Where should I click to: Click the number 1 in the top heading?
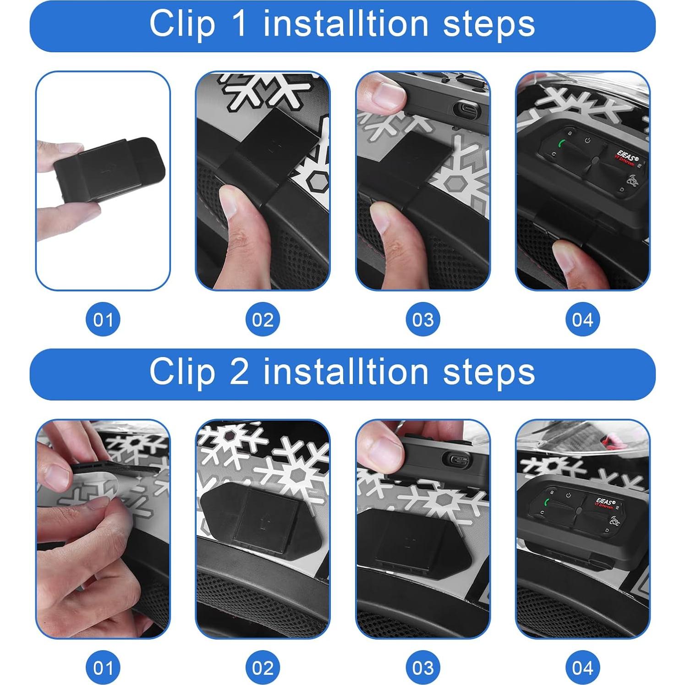pyautogui.click(x=240, y=25)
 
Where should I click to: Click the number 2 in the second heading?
pyautogui.click(x=240, y=372)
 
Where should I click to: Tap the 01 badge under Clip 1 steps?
pyautogui.click(x=103, y=319)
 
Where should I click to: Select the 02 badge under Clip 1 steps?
pyautogui.click(x=263, y=319)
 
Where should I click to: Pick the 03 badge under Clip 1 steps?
pyautogui.click(x=422, y=319)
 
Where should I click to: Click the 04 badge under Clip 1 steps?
pyautogui.click(x=582, y=319)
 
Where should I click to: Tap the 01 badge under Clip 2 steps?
pyautogui.click(x=103, y=667)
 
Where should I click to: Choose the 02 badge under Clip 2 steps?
pyautogui.click(x=263, y=667)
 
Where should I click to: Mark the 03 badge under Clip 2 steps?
pyautogui.click(x=422, y=667)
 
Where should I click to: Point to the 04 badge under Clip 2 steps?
pyautogui.click(x=582, y=667)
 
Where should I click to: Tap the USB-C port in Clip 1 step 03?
pyautogui.click(x=465, y=110)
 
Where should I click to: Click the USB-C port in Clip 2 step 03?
pyautogui.click(x=459, y=460)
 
